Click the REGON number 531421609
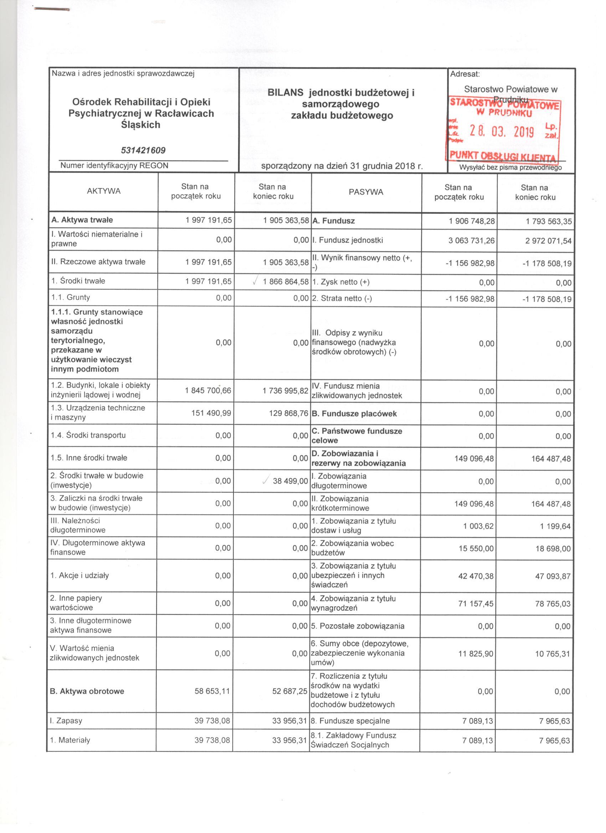click(143, 150)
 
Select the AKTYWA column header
click(104, 191)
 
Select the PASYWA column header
click(366, 192)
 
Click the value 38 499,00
click(290, 481)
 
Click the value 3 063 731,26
click(471, 240)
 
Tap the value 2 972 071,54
click(548, 241)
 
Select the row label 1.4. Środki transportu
click(88, 435)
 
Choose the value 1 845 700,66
click(209, 390)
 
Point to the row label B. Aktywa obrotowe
click(87, 691)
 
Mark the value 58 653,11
click(212, 691)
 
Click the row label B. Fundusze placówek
click(354, 414)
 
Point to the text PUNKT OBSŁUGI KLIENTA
click(503, 157)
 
